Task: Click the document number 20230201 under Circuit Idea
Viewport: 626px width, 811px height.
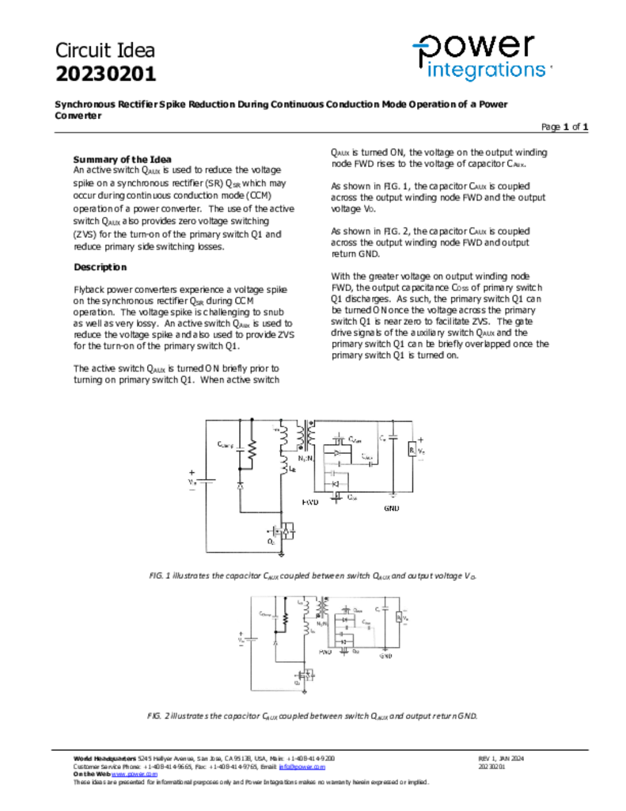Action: [x=105, y=74]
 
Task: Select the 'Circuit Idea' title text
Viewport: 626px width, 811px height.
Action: [x=104, y=51]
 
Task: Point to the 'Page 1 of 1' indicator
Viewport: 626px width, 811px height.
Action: [x=564, y=127]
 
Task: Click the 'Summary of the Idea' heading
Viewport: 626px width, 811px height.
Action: [x=122, y=159]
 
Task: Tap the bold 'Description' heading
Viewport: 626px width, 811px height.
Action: [x=100, y=268]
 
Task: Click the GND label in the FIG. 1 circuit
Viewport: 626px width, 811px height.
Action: [x=392, y=507]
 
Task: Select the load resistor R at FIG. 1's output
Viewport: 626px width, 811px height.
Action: [x=412, y=449]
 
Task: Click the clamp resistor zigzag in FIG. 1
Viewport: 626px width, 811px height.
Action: [x=252, y=451]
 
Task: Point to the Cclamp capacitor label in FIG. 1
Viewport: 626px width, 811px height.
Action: [x=226, y=444]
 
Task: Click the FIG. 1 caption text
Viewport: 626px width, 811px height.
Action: [x=313, y=576]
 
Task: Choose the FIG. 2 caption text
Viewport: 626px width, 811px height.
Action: [x=313, y=715]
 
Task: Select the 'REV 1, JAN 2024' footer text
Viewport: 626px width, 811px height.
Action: [x=501, y=759]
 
